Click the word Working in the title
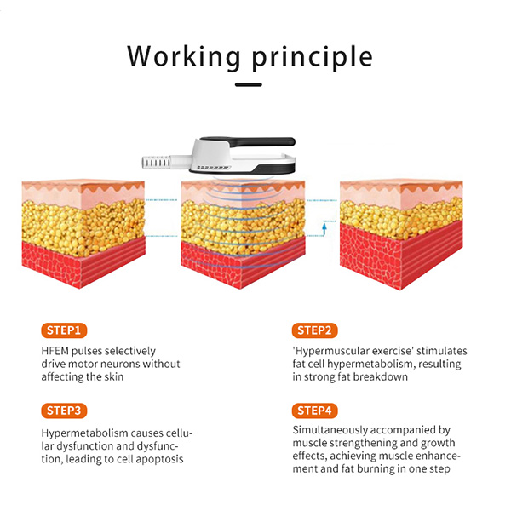pos(183,57)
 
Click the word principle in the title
pos(313,58)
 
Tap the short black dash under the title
pos(249,84)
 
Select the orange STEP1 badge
pos(64,330)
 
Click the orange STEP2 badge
pos(314,330)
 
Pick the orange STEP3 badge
pos(64,411)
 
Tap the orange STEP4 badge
pos(314,411)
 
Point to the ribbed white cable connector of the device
pos(157,163)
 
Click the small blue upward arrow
pos(324,228)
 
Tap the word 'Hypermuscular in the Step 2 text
pos(330,351)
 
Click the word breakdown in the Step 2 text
pos(381,377)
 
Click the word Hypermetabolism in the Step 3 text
pos(84,433)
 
